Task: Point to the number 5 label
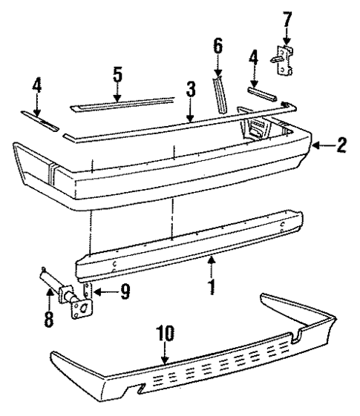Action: point(117,76)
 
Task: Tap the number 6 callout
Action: point(217,47)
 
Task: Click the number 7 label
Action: point(285,13)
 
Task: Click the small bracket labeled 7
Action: point(285,59)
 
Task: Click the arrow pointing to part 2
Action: point(321,145)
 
